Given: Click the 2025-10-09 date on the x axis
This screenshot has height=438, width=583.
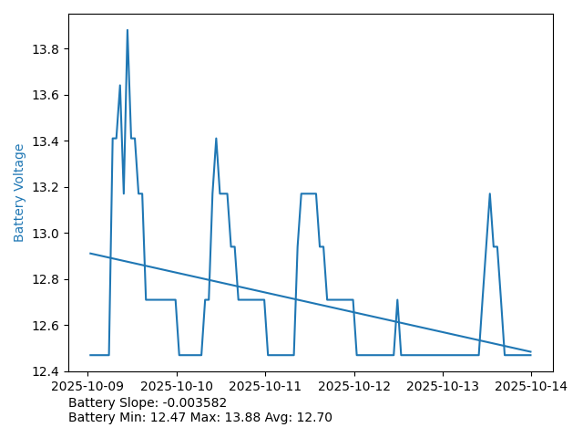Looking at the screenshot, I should [87, 387].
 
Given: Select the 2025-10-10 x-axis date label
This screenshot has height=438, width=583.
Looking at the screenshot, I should [177, 387].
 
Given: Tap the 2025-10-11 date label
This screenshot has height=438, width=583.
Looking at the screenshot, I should [265, 387].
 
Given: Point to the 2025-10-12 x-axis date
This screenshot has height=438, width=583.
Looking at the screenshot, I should [354, 387].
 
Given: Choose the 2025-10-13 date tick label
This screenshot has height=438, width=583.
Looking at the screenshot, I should [443, 387].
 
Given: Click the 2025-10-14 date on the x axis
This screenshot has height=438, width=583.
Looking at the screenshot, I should [531, 387].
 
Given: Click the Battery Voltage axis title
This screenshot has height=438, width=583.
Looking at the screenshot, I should [19, 193].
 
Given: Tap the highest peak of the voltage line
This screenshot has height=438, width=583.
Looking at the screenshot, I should [128, 30].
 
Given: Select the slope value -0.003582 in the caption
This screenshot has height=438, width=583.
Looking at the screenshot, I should [193, 402].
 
